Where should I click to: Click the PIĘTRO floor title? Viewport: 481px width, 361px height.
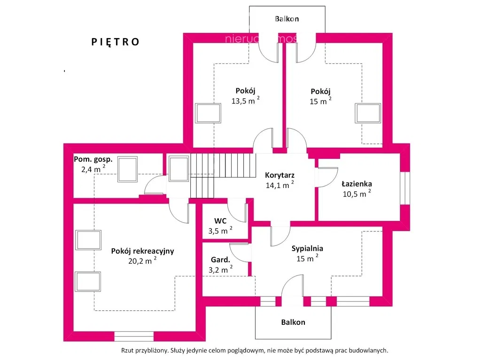(115, 42)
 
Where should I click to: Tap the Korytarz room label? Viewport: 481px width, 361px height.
(279, 175)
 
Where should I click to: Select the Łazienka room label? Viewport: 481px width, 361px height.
(357, 184)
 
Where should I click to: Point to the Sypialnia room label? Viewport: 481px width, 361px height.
(307, 249)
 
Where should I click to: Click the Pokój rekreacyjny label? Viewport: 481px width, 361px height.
(142, 251)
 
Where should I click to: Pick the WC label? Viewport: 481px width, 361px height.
(221, 220)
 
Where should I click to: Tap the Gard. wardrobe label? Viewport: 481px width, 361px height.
(220, 259)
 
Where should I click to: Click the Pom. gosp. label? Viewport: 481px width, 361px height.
(93, 159)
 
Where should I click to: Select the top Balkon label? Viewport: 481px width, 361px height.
(287, 19)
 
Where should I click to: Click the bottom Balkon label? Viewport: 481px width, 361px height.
(293, 322)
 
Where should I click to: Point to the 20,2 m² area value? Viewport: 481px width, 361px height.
(142, 261)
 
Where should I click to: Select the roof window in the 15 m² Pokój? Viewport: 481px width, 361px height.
(368, 113)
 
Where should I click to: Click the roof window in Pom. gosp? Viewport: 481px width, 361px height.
(127, 169)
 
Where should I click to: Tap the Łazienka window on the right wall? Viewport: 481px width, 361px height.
(404, 188)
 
